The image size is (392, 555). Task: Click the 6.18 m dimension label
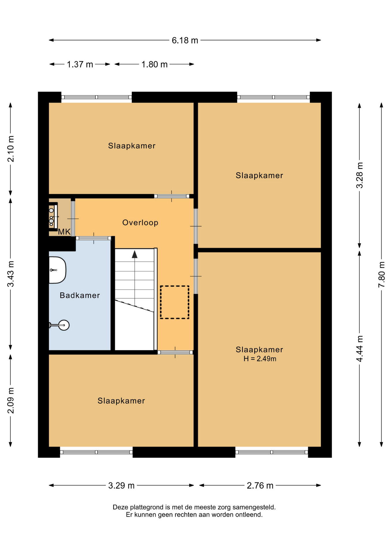185,40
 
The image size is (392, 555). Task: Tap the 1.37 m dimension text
80,64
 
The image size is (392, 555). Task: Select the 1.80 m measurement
154,64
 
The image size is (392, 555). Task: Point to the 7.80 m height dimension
381,274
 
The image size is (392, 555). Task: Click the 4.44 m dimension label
359,348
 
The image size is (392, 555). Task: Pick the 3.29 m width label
121,485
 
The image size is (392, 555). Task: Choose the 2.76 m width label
260,485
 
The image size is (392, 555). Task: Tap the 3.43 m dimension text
11,274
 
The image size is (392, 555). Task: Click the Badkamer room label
80,295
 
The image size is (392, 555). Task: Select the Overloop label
140,223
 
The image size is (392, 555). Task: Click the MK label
64,232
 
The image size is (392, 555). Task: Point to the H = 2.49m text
260,359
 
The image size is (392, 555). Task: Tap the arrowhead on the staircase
135,254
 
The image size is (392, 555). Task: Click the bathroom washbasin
57,270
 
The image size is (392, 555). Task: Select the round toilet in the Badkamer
63,325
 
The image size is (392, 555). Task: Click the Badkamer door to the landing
94,238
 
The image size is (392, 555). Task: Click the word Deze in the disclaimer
120,507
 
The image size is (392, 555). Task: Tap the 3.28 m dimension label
359,175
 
